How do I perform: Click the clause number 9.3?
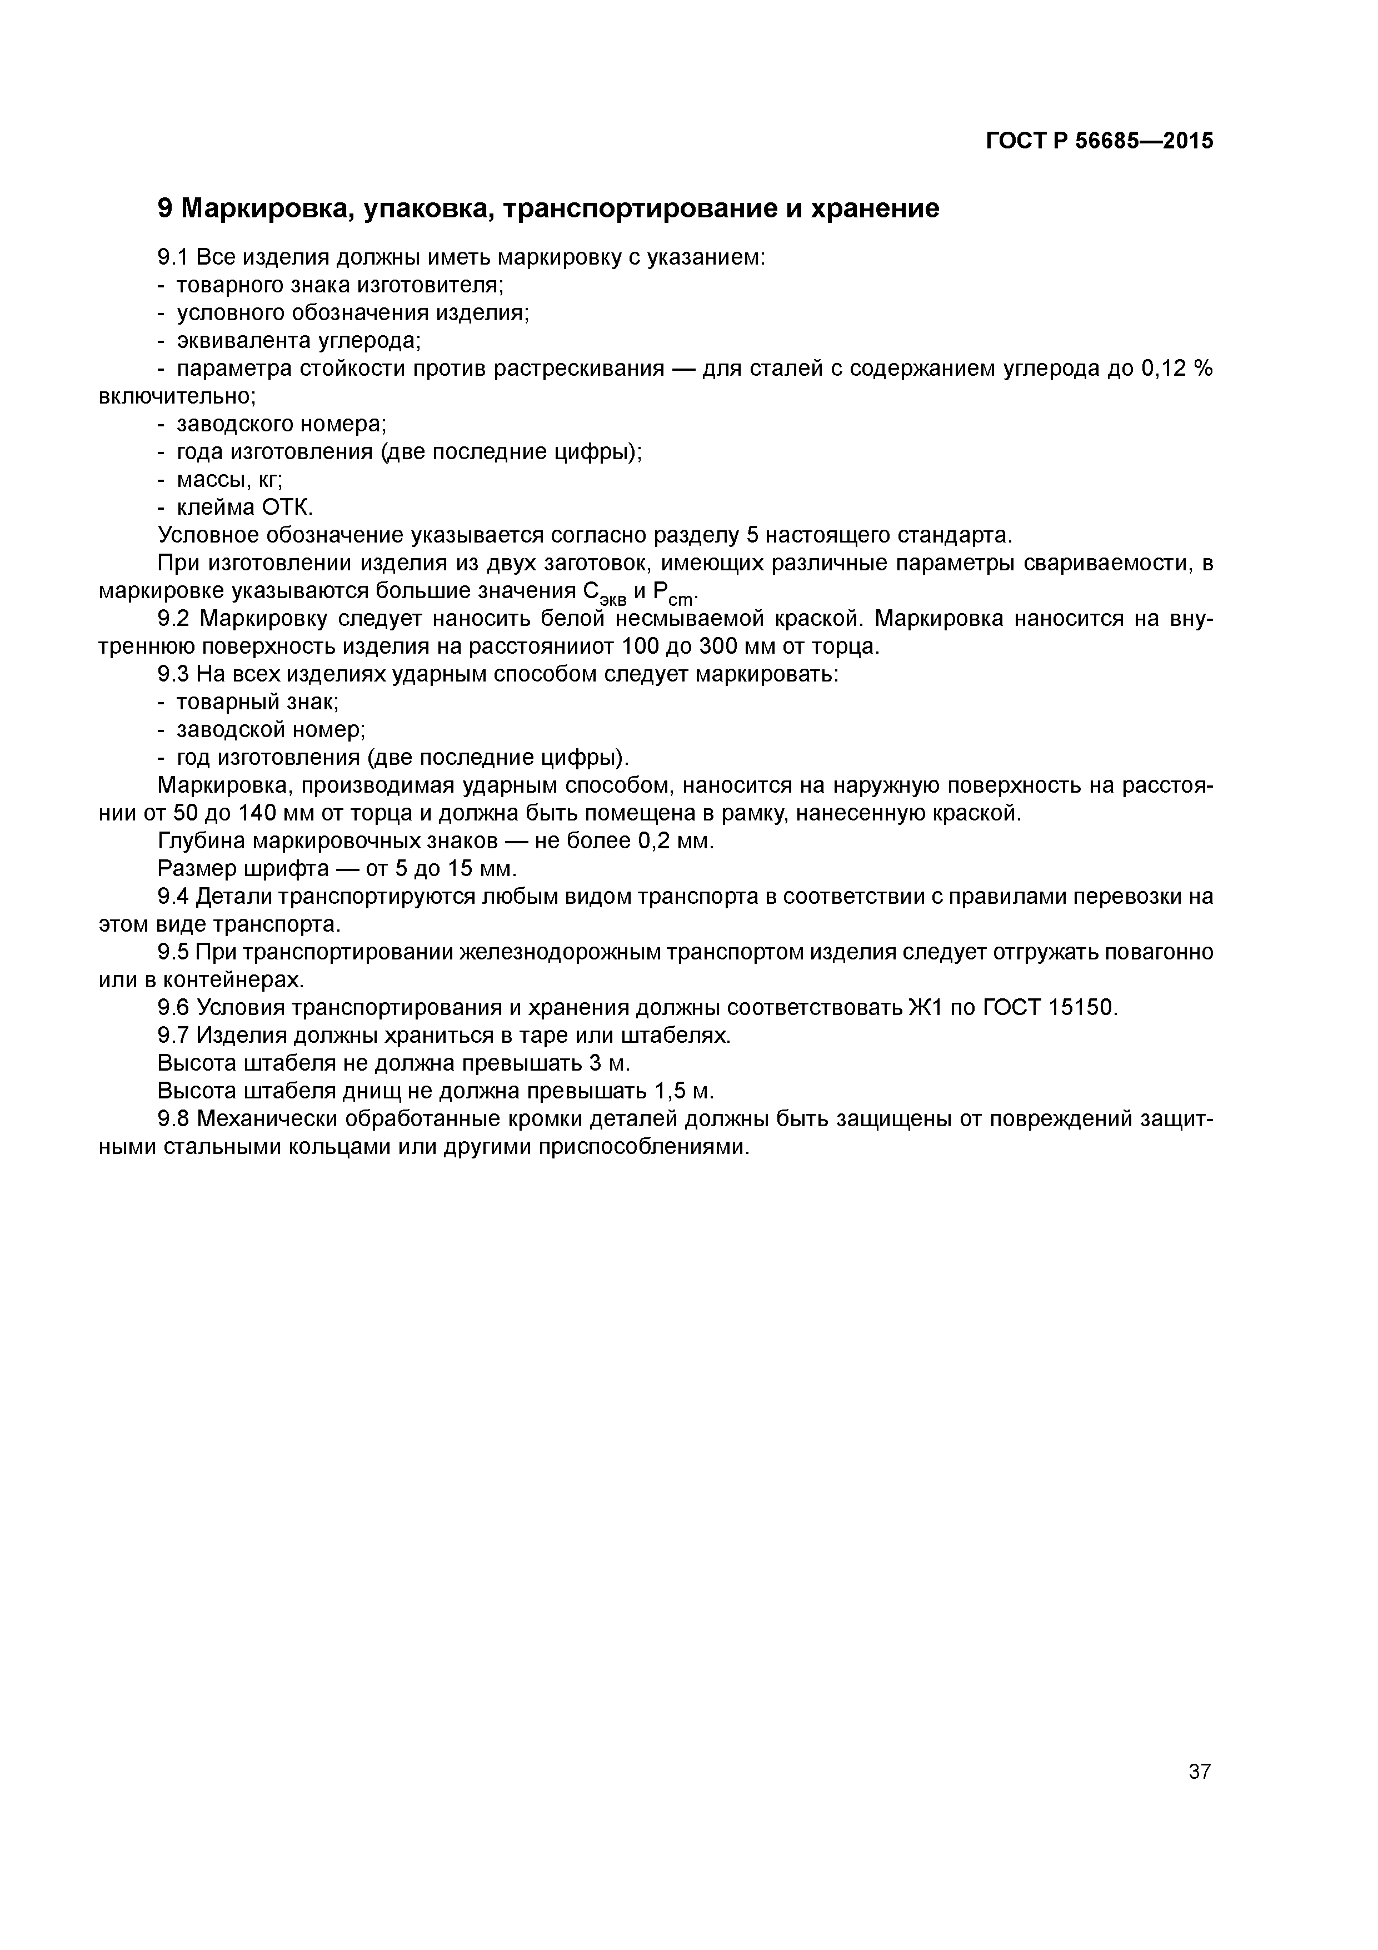(x=176, y=674)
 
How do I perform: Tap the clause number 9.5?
(x=176, y=952)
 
